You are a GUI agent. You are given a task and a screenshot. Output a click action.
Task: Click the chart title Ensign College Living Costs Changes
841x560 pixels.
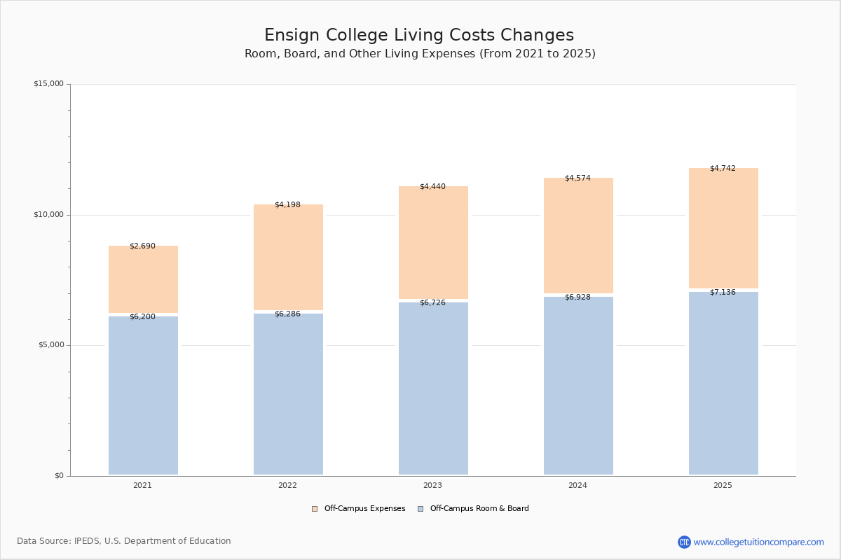click(419, 36)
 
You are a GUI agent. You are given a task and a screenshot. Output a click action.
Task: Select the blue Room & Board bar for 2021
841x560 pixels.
click(143, 395)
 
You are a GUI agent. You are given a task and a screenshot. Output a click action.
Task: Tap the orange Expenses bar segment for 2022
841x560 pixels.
click(288, 257)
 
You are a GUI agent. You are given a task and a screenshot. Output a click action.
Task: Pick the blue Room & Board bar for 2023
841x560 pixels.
click(433, 388)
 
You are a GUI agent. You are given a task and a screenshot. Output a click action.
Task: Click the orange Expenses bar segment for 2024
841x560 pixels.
click(578, 235)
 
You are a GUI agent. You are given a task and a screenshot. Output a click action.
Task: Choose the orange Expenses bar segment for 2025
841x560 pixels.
click(723, 228)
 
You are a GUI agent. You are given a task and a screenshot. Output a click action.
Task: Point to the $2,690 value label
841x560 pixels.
click(142, 246)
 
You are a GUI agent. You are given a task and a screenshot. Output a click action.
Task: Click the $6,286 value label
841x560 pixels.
click(287, 314)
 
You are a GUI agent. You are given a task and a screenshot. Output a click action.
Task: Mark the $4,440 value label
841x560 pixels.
click(432, 187)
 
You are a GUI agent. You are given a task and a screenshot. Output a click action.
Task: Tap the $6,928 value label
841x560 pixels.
click(577, 297)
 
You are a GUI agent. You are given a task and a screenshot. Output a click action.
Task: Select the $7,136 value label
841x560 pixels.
click(723, 293)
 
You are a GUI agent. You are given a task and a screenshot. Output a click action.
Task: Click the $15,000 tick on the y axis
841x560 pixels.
click(48, 84)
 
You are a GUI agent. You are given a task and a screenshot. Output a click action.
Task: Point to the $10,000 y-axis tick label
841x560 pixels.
click(48, 215)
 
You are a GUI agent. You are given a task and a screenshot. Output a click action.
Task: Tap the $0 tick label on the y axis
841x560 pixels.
click(59, 476)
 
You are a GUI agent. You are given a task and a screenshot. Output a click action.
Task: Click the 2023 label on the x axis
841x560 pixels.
click(432, 486)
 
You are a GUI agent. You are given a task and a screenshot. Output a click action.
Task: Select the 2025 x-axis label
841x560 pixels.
click(723, 486)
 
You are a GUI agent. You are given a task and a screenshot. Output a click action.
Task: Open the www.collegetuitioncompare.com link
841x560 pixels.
click(758, 542)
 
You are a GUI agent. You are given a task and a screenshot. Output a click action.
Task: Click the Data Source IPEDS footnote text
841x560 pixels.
click(124, 541)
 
